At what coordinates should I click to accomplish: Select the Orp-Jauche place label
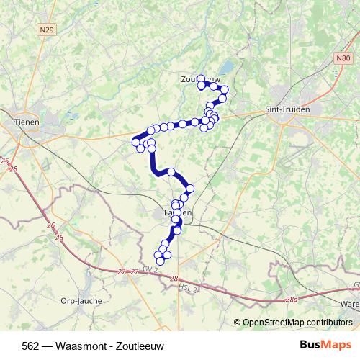tap(81, 300)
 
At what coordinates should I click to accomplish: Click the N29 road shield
tap(48, 30)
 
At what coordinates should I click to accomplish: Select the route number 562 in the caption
tap(31, 344)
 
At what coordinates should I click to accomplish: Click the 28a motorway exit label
tap(290, 299)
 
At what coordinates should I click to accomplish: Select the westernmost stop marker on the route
tap(135, 143)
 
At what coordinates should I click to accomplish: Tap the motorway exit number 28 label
tap(174, 277)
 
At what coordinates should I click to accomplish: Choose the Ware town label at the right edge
tap(350, 305)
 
